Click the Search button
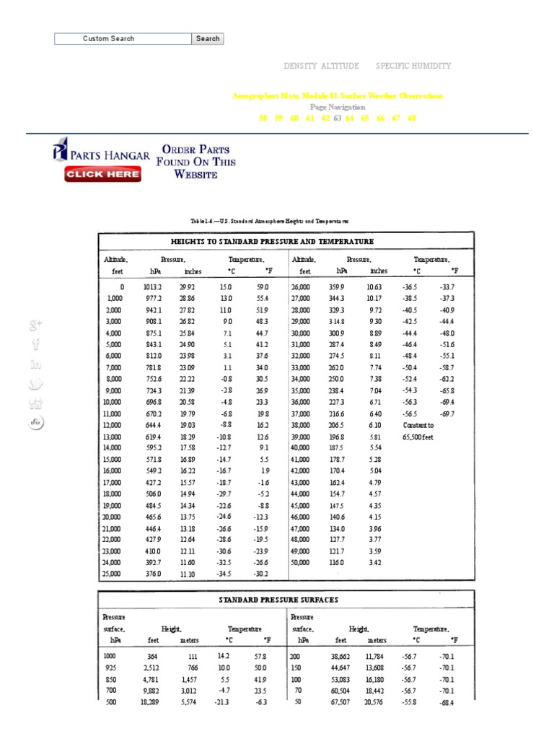click(x=208, y=39)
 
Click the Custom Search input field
click(x=123, y=39)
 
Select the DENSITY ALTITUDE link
click(x=321, y=66)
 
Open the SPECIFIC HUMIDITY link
click(x=413, y=66)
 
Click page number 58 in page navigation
click(x=263, y=118)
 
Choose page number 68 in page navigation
click(x=412, y=118)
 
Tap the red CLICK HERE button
click(x=102, y=174)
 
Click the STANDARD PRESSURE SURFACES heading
click(x=278, y=600)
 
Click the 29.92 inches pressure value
click(x=187, y=287)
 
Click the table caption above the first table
click(x=269, y=221)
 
